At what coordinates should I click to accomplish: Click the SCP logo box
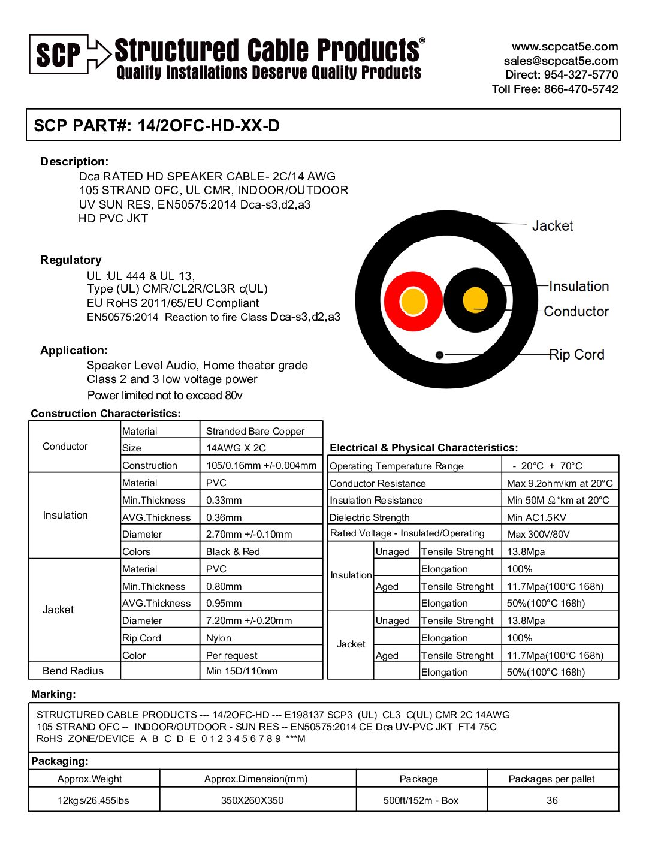59,55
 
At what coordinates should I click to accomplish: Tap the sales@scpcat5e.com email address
560,61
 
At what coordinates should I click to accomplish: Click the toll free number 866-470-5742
581,89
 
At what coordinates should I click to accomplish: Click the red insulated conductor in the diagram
413,301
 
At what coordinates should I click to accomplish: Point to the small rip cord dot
439,355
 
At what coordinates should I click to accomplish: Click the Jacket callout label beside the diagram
552,226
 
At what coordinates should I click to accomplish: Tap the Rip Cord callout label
576,355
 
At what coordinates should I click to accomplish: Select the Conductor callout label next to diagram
576,311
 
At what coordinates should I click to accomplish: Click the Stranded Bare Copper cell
255,431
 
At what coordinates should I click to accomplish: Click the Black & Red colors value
233,551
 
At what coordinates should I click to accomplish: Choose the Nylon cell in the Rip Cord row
219,638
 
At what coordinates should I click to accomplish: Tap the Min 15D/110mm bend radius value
242,671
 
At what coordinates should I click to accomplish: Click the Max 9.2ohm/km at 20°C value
560,483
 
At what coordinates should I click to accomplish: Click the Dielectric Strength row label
370,517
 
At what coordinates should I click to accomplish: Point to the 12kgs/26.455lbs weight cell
93,800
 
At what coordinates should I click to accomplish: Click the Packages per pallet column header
551,779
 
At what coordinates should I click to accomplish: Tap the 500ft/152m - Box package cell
421,800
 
